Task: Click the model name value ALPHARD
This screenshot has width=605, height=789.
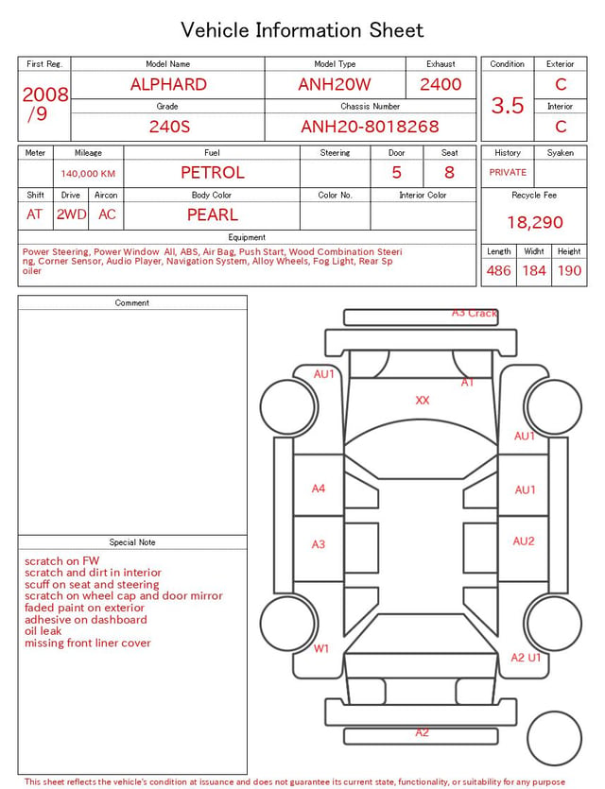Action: [168, 84]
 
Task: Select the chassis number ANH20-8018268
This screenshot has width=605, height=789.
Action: [370, 127]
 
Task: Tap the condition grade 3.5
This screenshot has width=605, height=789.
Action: [508, 106]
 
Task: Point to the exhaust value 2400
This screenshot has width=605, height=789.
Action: [441, 84]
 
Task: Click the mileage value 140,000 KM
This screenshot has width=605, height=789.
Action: [88, 174]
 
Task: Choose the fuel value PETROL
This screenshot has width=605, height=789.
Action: [213, 173]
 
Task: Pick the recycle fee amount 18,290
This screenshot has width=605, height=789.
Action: [534, 222]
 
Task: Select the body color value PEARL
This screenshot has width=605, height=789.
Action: [213, 214]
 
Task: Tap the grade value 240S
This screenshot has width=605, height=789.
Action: [169, 127]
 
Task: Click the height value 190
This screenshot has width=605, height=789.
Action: [569, 270]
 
